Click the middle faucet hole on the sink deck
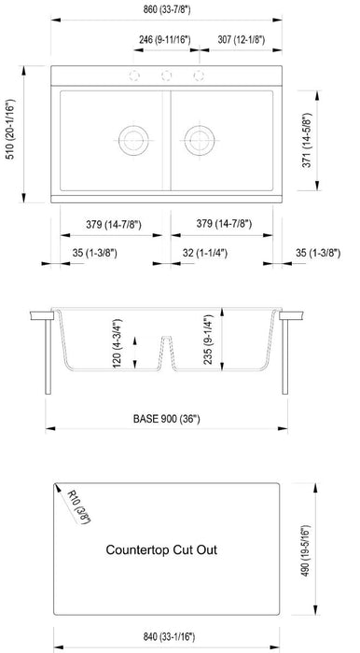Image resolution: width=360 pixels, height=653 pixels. [x=169, y=76]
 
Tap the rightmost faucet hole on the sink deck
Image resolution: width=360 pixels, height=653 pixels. [x=200, y=76]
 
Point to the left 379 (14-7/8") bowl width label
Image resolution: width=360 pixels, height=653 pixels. [x=108, y=223]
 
